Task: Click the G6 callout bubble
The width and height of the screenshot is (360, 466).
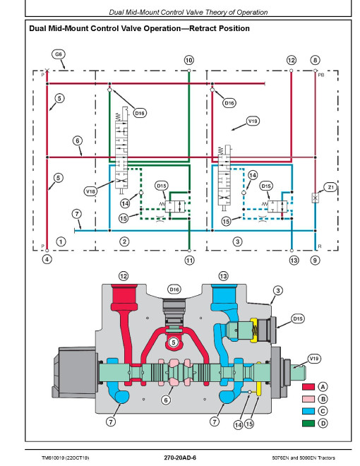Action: pyautogui.click(x=59, y=54)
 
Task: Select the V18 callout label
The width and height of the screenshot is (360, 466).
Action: pyautogui.click(x=90, y=191)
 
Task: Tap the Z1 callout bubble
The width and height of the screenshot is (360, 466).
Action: pyautogui.click(x=330, y=188)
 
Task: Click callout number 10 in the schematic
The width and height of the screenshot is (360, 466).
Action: pyautogui.click(x=189, y=60)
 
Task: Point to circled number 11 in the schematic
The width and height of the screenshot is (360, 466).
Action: pyautogui.click(x=189, y=261)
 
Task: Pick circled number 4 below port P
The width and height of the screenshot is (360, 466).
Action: pyautogui.click(x=47, y=259)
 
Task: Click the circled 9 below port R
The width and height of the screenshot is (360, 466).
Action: pyautogui.click(x=315, y=261)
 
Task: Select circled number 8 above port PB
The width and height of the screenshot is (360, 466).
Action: pyautogui.click(x=315, y=60)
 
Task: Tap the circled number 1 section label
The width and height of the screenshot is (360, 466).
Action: pyautogui.click(x=61, y=241)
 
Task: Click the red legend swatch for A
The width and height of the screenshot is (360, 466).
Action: pyautogui.click(x=308, y=387)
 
